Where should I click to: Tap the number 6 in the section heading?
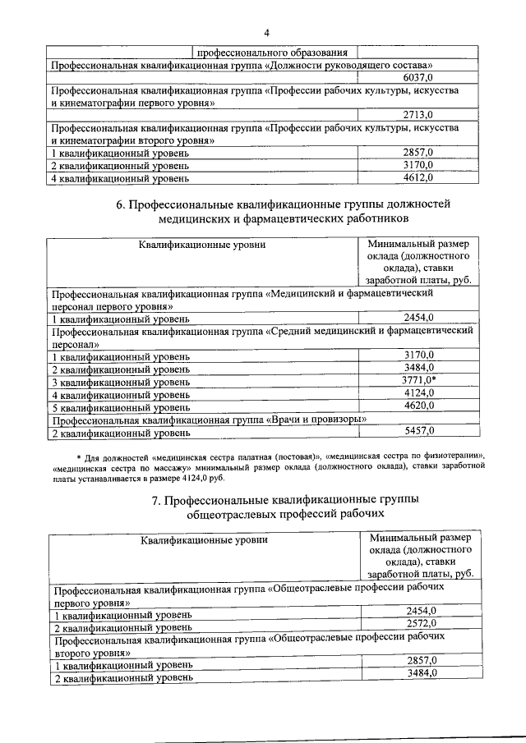pyautogui.click(x=120, y=204)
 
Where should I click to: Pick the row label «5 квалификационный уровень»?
pyautogui.click(x=121, y=406)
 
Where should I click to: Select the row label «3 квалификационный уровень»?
pyautogui.click(x=121, y=382)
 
